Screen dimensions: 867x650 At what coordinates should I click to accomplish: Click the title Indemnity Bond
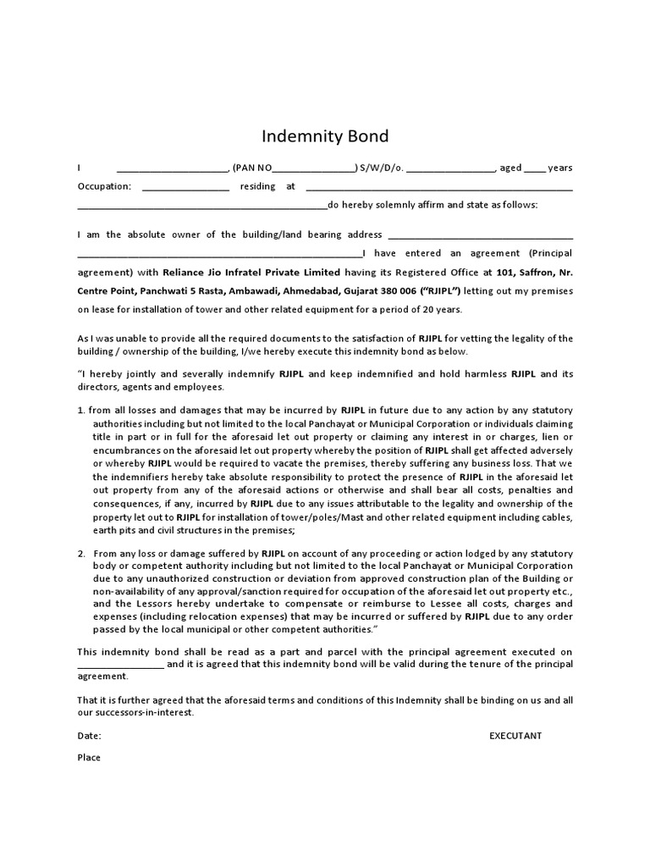pyautogui.click(x=325, y=136)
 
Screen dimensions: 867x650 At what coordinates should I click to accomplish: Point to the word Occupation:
pyautogui.click(x=104, y=186)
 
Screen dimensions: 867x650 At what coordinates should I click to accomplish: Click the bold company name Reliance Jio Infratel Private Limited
pyautogui.click(x=251, y=273)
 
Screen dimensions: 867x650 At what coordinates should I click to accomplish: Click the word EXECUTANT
pyautogui.click(x=515, y=735)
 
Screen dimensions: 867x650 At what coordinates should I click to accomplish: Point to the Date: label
pyautogui.click(x=89, y=735)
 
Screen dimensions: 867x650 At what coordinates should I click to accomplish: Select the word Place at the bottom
pyautogui.click(x=89, y=757)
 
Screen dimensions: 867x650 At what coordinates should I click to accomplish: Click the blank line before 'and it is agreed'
pyautogui.click(x=120, y=665)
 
